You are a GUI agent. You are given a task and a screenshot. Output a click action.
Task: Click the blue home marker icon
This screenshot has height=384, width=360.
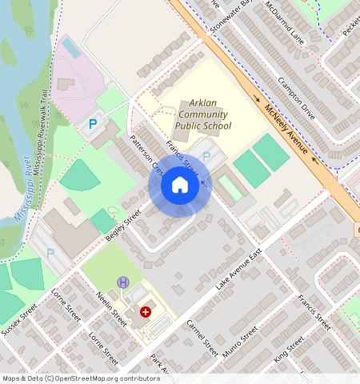coord(180,186)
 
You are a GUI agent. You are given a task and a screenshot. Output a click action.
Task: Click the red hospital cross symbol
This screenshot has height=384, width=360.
coord(146,311)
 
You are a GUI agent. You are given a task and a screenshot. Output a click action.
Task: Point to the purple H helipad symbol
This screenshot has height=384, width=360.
coord(123,282)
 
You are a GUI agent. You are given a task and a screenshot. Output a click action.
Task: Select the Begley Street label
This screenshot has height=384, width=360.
coord(122,226)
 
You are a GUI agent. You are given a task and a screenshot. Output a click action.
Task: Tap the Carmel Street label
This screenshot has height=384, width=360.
coord(202,338)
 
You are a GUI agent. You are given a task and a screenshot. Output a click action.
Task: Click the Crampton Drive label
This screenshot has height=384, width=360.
coord(296,99)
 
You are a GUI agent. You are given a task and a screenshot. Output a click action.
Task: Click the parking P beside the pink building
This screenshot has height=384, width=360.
coord(93,124)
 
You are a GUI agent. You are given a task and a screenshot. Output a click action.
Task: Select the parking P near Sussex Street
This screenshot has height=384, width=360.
coord(51,253)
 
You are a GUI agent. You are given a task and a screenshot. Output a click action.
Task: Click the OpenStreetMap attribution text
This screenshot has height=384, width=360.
coord(81,378)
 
